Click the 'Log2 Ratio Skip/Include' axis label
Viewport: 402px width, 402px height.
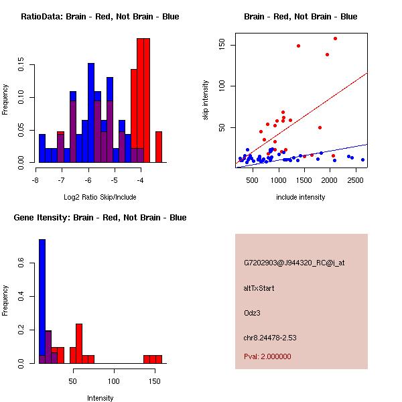pos(99,197)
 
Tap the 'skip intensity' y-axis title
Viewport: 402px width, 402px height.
pos(206,100)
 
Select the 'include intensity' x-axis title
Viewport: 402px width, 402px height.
pos(301,197)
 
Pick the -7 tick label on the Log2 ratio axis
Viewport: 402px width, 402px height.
pos(61,180)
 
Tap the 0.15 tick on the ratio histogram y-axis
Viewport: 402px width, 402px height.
pos(22,66)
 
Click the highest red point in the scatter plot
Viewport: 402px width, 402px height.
pos(335,39)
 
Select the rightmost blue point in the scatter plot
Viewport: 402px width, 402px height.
pos(362,159)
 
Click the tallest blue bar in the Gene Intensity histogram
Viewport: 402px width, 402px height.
pos(42,301)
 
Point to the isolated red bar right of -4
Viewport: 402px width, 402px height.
pos(159,147)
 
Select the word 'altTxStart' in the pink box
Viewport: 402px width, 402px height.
pos(259,288)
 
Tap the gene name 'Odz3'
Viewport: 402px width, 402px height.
pos(253,312)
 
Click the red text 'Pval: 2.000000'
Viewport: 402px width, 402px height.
pos(267,356)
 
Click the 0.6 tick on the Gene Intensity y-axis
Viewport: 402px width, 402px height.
pos(22,265)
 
